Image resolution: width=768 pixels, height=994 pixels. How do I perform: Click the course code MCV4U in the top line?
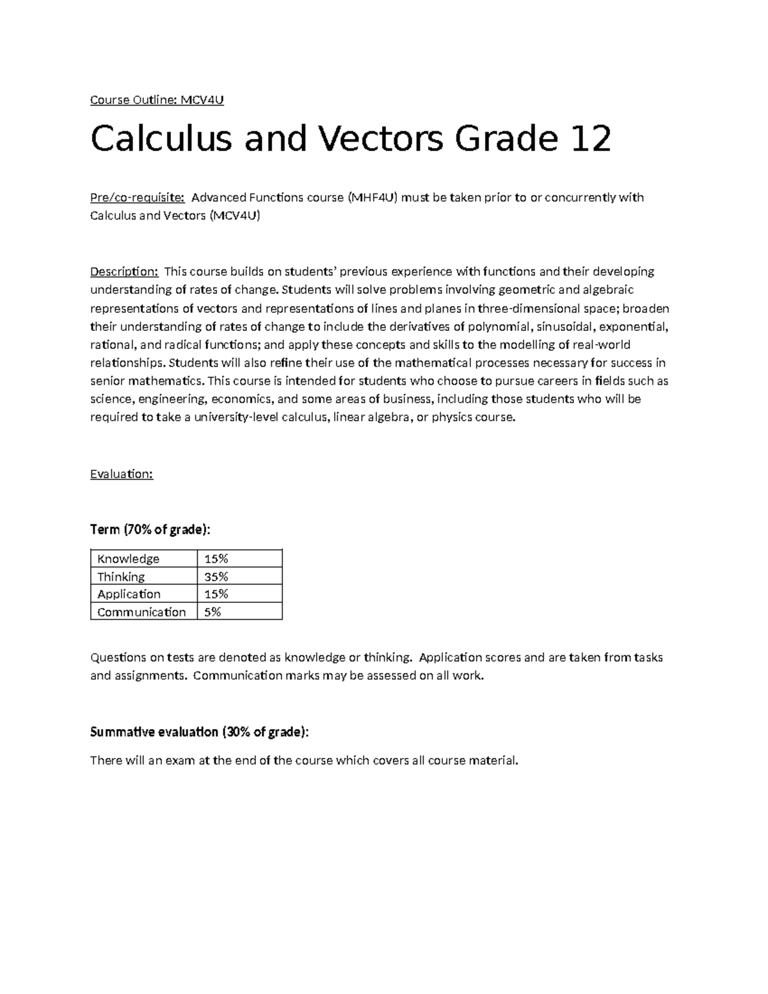[x=202, y=100]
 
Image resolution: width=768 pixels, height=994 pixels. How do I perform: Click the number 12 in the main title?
[x=591, y=139]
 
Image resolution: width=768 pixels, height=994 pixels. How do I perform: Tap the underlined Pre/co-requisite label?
[x=137, y=197]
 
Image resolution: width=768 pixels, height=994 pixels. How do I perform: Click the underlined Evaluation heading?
[x=122, y=474]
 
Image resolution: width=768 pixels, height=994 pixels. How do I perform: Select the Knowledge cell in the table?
[x=128, y=559]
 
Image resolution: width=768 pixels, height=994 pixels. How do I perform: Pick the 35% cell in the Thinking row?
[x=216, y=577]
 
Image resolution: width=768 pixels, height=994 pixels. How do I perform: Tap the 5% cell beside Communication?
[x=212, y=612]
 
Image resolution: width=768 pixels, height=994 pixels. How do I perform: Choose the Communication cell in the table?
[x=141, y=612]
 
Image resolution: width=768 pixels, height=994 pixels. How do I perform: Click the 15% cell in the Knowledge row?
[x=216, y=559]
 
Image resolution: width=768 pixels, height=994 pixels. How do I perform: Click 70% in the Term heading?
[x=140, y=530]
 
